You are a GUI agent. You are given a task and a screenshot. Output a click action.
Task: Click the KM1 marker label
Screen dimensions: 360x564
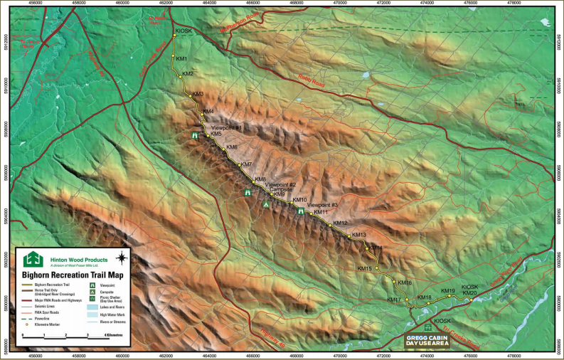[x=181, y=58]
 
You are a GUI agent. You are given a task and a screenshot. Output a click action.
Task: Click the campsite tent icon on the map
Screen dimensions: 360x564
[x=266, y=204]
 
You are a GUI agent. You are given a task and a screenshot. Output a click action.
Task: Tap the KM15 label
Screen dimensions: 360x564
[x=363, y=268]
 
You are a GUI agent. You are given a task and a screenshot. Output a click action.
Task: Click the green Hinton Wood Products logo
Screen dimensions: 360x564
[x=32, y=259]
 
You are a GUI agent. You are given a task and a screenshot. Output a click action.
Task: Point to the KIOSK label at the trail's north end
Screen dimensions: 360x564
[x=182, y=31]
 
